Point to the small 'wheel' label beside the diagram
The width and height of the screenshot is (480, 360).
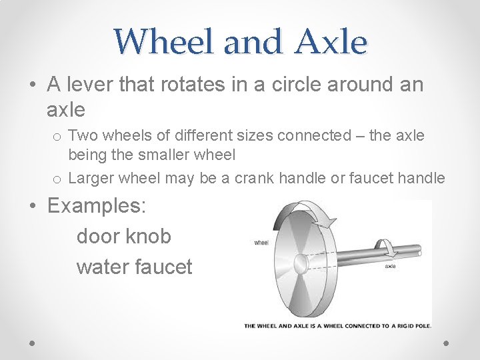[x=261, y=243]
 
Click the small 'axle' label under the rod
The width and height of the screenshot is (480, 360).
[x=391, y=265]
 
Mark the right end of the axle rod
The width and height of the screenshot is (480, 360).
[x=418, y=251]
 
